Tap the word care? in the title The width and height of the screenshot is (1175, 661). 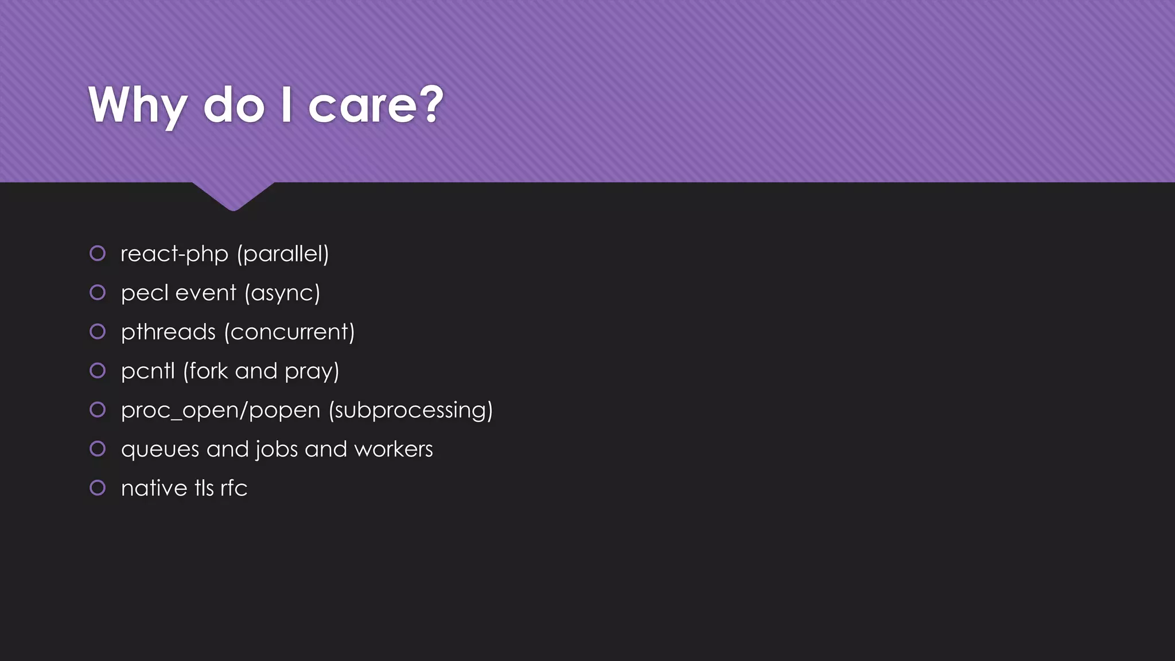point(376,106)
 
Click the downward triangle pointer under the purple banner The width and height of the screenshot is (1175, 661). point(233,195)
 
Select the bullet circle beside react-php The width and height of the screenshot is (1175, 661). point(98,253)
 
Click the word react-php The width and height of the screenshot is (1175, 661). point(174,254)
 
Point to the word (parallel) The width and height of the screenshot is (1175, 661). point(283,254)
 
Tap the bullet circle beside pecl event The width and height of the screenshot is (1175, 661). point(98,292)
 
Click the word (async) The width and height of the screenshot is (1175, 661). point(282,293)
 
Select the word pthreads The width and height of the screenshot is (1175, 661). point(168,332)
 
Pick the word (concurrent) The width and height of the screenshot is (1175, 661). point(290,332)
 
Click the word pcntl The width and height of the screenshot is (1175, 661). point(147,371)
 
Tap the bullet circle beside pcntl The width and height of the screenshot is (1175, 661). point(98,370)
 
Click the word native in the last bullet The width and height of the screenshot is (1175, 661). point(154,488)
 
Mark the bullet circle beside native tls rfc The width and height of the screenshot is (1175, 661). point(98,488)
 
